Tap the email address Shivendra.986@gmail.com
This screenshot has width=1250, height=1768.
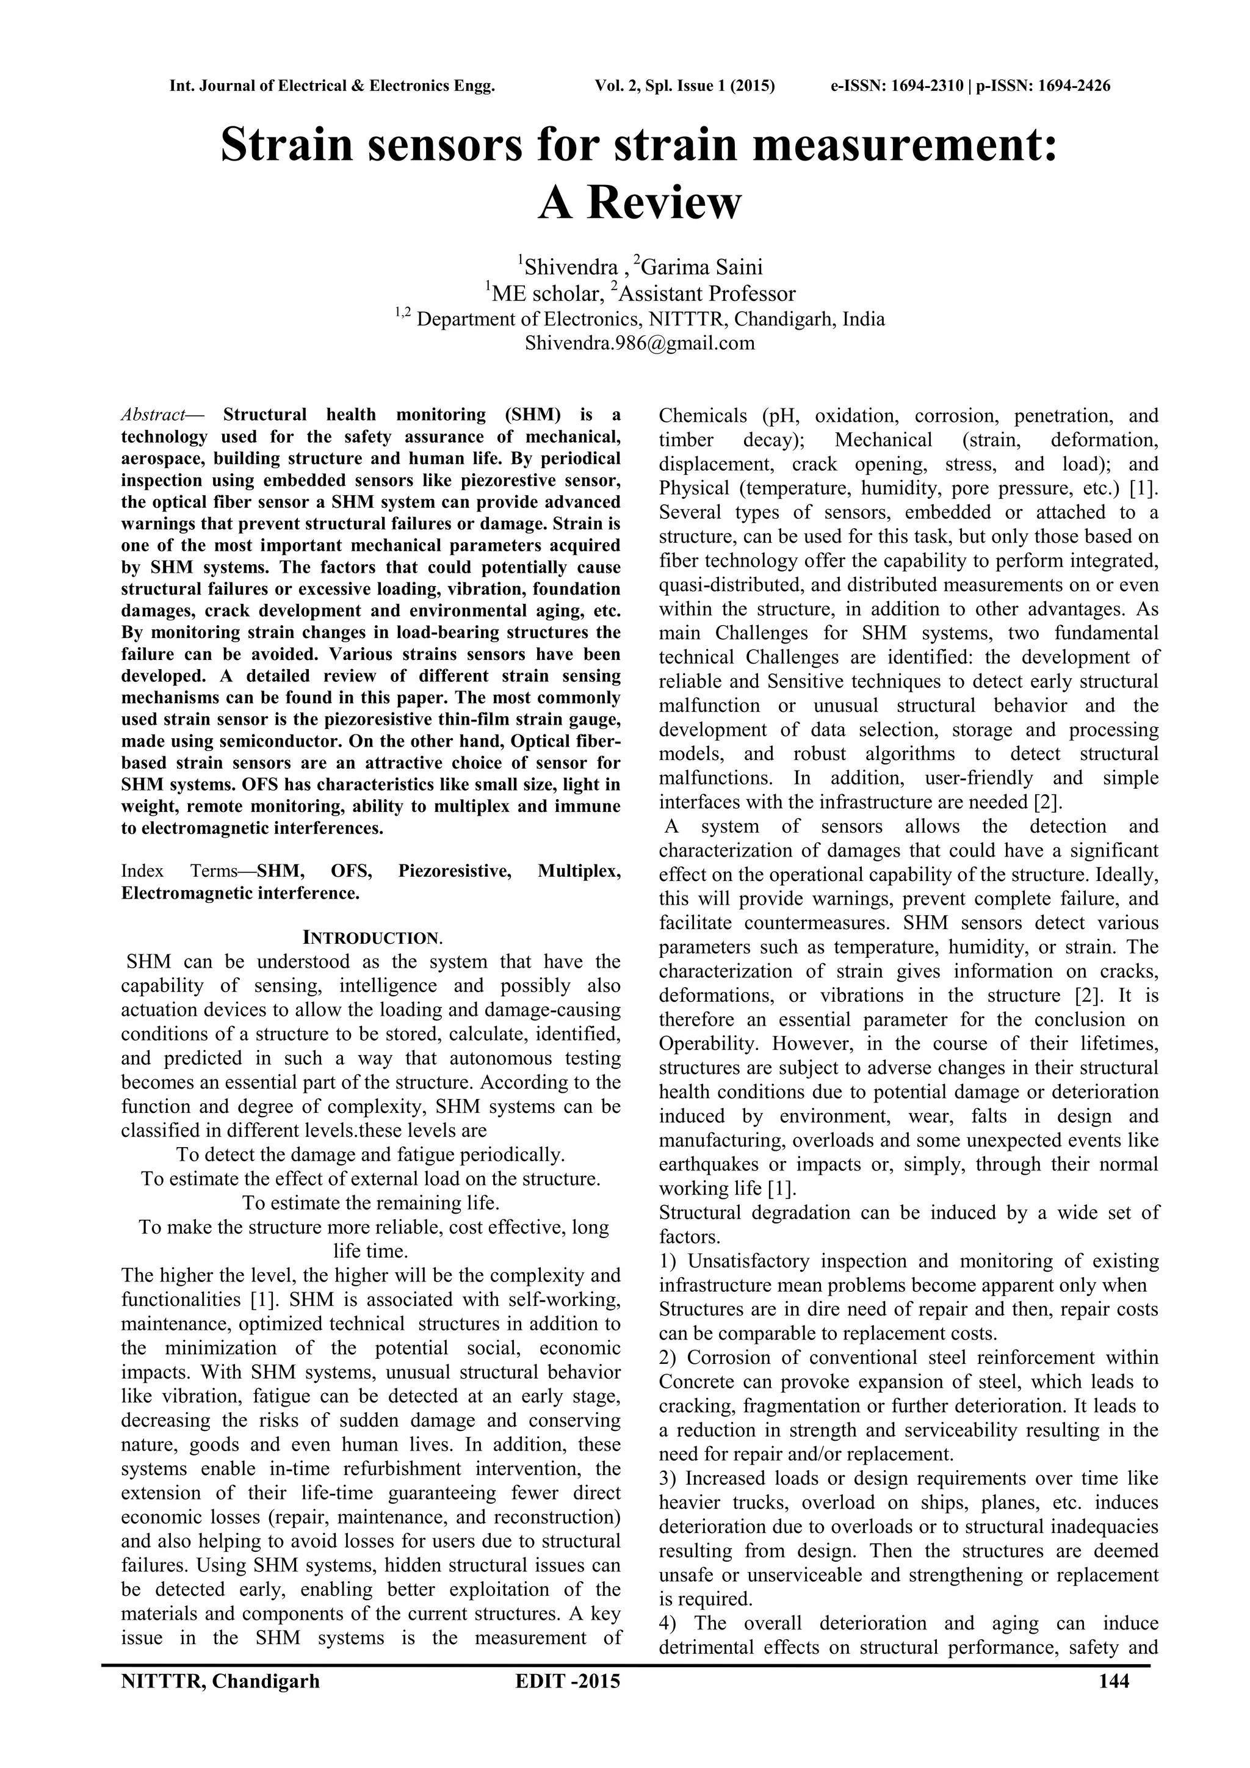click(640, 344)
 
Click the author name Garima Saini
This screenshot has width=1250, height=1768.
click(701, 267)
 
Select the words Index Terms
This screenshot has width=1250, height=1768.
click(179, 871)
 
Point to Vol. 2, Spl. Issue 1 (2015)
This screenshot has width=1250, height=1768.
click(684, 85)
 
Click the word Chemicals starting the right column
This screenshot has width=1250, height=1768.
click(703, 416)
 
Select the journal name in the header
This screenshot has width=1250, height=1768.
click(332, 85)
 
